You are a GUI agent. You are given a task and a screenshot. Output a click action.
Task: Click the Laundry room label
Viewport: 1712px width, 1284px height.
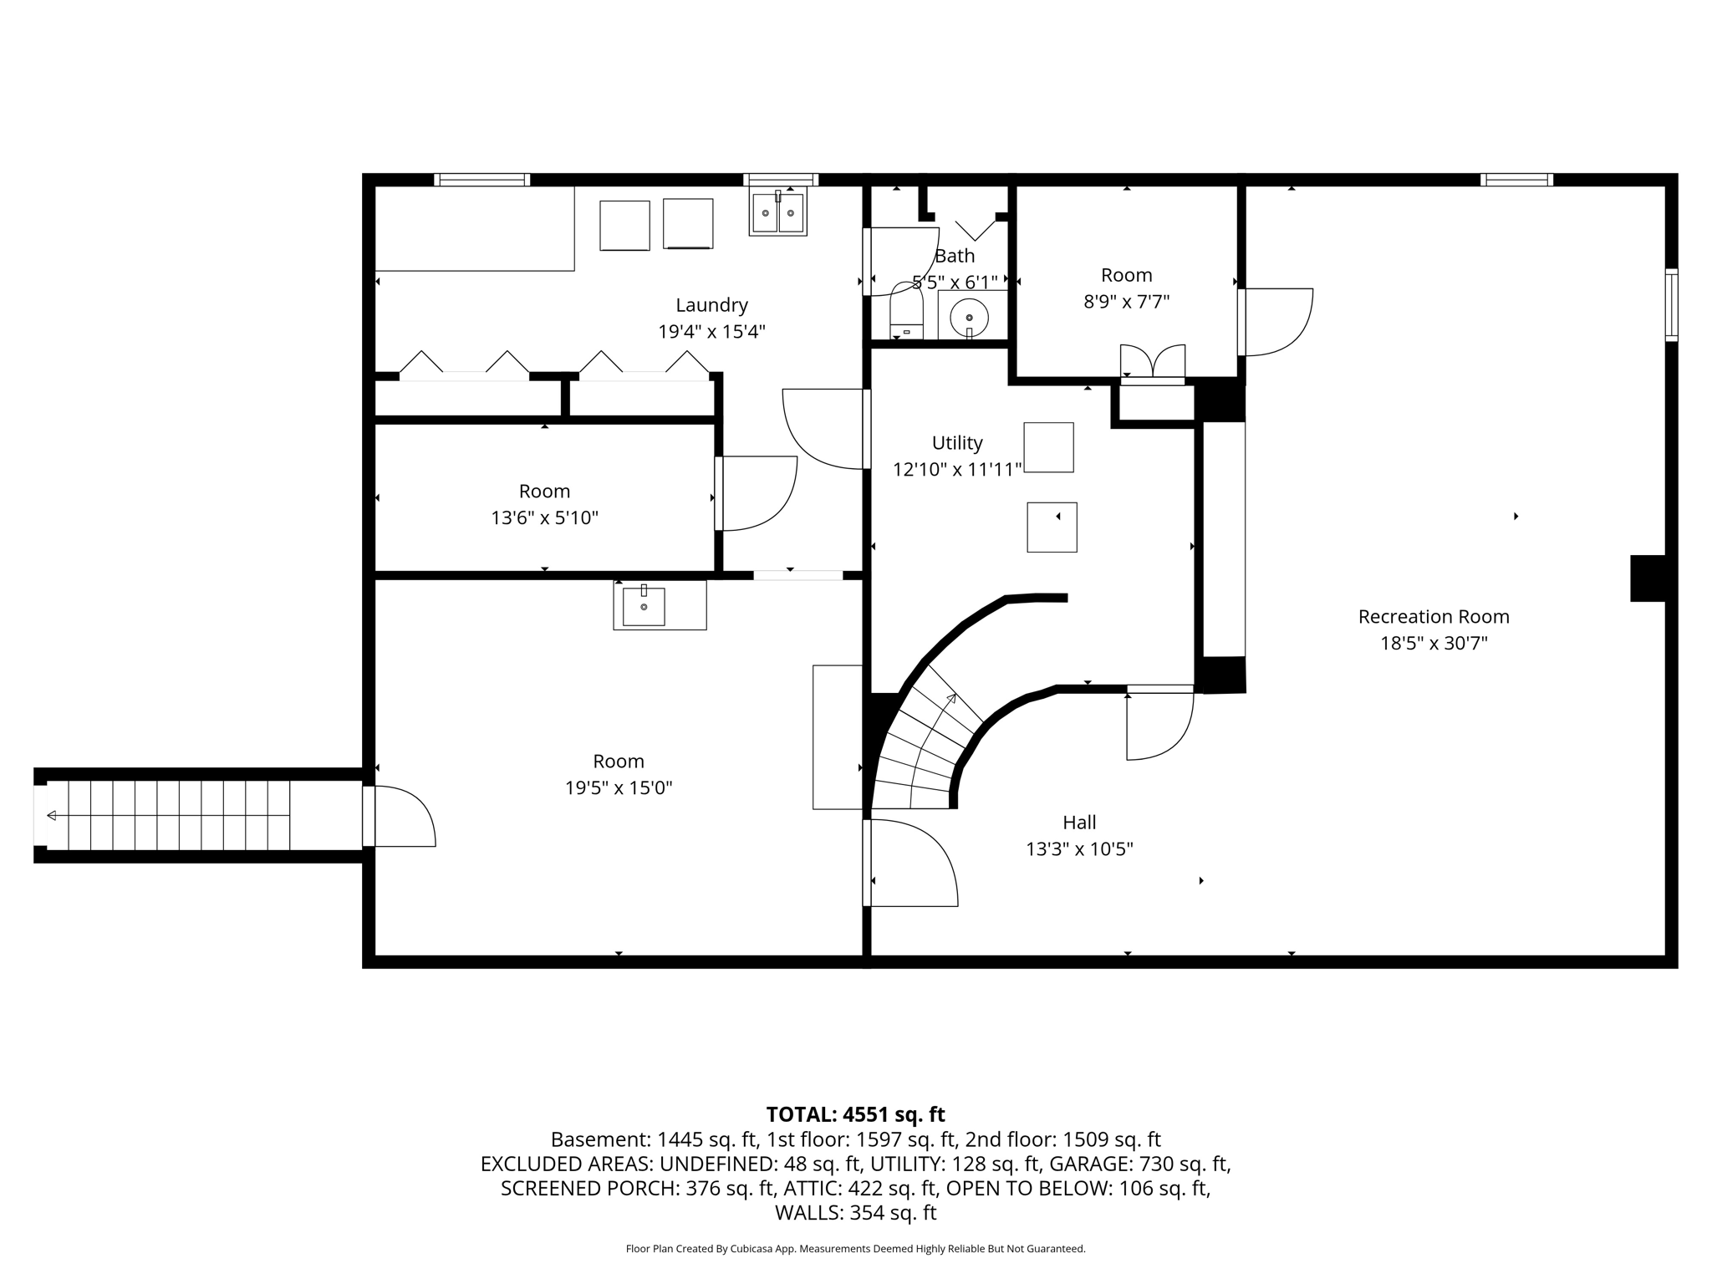point(711,305)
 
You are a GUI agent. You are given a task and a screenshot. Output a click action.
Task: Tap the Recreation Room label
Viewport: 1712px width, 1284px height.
point(1434,617)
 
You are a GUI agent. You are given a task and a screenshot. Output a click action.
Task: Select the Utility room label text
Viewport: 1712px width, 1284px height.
point(957,443)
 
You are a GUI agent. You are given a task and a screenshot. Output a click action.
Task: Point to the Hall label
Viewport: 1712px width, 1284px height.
point(1079,823)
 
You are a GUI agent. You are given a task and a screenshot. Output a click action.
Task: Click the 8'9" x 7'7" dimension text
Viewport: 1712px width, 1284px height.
point(1126,302)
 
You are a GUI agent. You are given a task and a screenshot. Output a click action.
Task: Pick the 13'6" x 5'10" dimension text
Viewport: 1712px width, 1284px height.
point(544,518)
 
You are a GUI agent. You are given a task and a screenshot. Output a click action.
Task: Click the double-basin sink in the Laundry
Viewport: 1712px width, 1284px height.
point(777,212)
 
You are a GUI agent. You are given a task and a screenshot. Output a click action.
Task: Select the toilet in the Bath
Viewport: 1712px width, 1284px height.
point(906,311)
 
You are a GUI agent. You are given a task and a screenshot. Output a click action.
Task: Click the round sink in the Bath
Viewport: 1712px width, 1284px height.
point(970,318)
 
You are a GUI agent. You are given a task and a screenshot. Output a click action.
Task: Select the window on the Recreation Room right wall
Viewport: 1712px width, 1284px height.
point(1671,304)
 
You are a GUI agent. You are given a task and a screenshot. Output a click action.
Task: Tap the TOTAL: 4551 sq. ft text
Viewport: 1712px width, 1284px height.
point(855,1114)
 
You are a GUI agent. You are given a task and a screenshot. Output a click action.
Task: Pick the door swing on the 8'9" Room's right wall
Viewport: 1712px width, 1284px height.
point(1276,322)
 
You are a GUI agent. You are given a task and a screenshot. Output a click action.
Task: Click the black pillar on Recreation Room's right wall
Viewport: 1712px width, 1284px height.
point(1648,578)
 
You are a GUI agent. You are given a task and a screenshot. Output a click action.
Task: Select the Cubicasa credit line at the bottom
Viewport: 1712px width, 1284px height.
point(855,1249)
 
